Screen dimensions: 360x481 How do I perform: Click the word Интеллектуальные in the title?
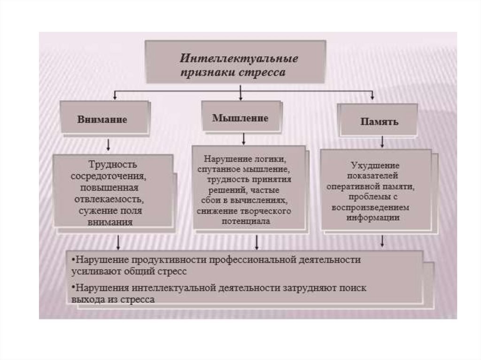pos(240,60)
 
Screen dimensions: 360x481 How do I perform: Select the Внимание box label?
pos(102,119)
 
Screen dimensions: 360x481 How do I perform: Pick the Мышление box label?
pos(240,118)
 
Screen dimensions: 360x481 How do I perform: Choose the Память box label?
pos(380,122)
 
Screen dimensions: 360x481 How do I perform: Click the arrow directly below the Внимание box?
pos(109,143)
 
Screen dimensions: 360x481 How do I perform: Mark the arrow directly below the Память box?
pos(382,141)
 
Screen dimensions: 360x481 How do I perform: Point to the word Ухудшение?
pos(375,166)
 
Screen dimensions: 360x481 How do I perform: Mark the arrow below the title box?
pos(240,93)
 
